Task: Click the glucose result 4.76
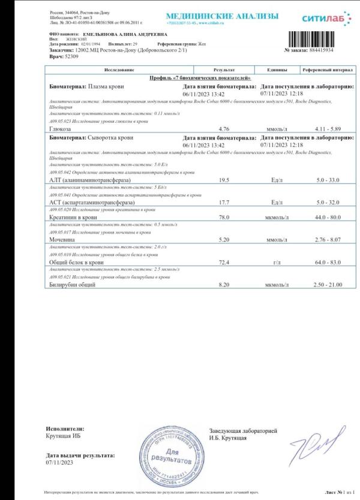pos(225,129)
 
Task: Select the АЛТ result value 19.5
pos(225,180)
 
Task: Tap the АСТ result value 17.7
pos(225,202)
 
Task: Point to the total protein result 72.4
pos(225,262)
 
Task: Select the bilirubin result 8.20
pos(225,285)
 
